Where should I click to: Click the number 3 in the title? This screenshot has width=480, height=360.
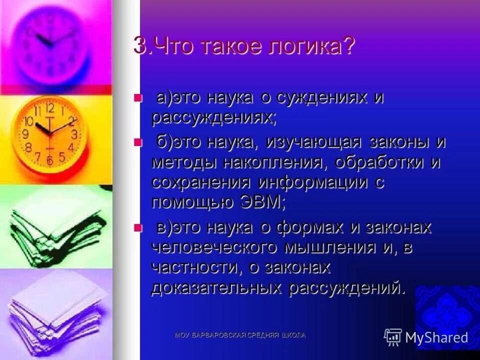pyautogui.click(x=139, y=47)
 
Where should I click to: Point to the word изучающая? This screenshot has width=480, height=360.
pyautogui.click(x=314, y=142)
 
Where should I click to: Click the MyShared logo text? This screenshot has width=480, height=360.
pyautogui.click(x=436, y=337)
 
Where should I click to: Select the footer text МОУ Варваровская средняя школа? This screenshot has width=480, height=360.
pyautogui.click(x=240, y=334)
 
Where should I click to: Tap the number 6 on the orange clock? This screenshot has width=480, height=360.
pyautogui.click(x=49, y=160)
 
